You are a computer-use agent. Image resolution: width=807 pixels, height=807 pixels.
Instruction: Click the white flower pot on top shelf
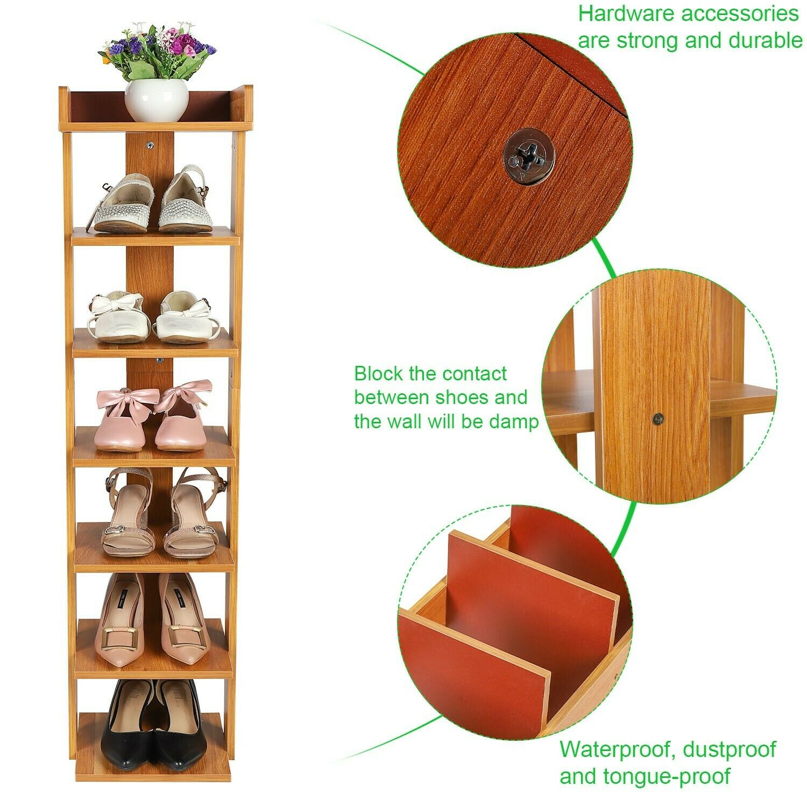click(x=157, y=101)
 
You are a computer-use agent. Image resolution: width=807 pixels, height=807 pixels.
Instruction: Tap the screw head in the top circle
click(x=527, y=156)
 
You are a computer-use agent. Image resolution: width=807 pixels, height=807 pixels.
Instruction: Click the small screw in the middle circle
click(x=657, y=417)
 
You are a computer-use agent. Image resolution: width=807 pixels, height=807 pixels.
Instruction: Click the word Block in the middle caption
click(x=379, y=373)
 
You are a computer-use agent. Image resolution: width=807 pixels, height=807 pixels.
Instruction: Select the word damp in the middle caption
click(x=513, y=422)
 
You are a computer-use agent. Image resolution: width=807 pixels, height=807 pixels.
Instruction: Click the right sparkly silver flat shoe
click(x=185, y=199)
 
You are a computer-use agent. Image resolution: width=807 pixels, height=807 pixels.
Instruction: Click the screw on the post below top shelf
click(x=151, y=145)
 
